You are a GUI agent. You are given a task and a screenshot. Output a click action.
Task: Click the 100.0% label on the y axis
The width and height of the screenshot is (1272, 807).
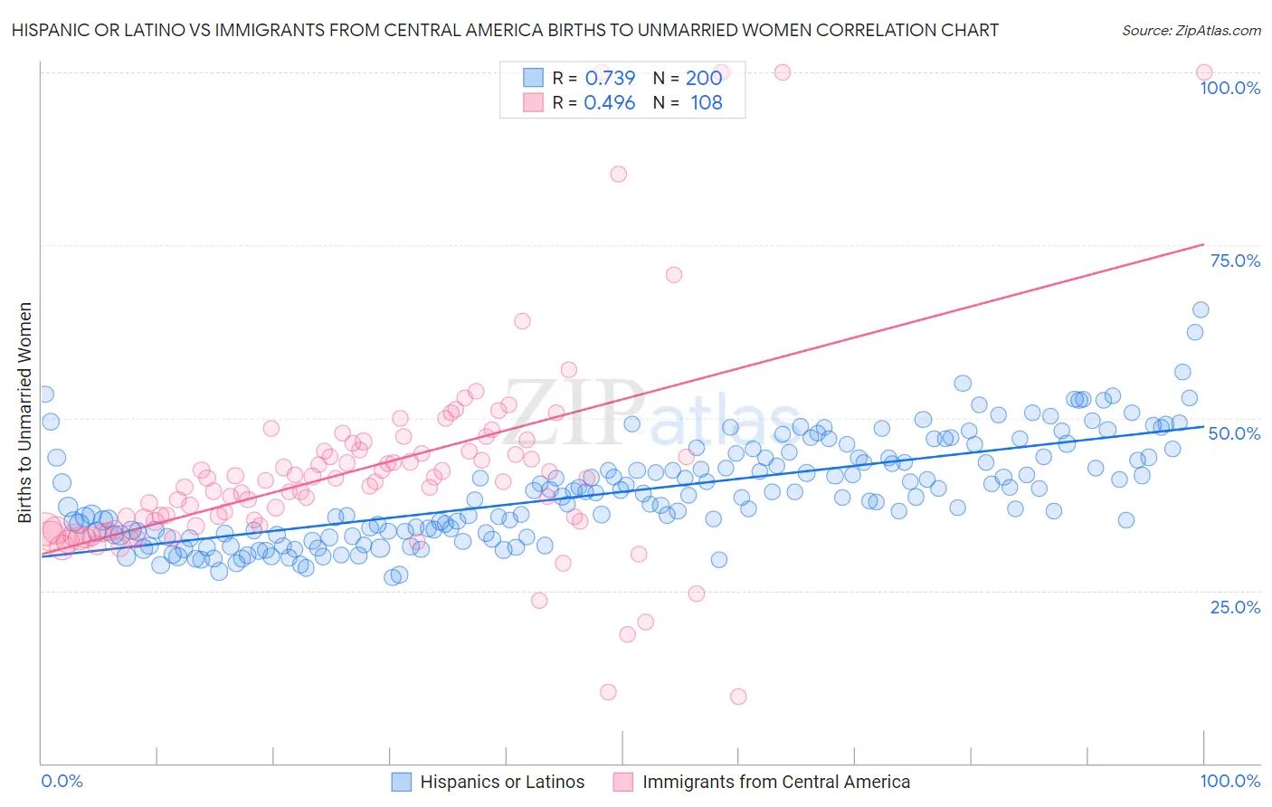[x=1229, y=88]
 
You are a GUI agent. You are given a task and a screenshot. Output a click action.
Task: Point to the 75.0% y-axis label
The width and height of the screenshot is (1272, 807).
[x=1235, y=261]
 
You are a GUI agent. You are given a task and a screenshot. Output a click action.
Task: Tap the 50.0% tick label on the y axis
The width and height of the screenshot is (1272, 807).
[x=1234, y=433]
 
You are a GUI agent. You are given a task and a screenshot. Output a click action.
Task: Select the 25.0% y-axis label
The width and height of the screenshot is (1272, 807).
[x=1235, y=606]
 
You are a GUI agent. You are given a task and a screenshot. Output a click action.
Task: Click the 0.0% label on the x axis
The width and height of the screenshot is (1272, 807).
[x=62, y=781]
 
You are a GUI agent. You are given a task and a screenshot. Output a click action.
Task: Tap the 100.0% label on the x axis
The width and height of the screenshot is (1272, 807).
[x=1229, y=781]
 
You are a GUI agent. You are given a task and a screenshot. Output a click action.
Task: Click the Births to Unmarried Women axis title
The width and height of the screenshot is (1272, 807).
[x=24, y=413]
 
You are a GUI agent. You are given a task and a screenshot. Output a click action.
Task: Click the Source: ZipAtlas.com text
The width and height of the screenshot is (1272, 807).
[x=1191, y=30]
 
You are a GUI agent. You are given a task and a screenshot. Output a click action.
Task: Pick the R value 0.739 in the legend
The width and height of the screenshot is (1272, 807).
[x=610, y=78]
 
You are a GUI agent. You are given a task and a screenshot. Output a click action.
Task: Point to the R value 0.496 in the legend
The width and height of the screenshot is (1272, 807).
[x=610, y=102]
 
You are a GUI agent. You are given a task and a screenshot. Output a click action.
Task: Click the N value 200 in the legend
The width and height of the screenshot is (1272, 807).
[x=703, y=78]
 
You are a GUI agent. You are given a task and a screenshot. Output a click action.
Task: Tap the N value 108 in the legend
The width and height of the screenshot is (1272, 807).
[x=706, y=102]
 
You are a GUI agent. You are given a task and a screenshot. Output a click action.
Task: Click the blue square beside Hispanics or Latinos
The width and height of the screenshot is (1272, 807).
[x=402, y=782]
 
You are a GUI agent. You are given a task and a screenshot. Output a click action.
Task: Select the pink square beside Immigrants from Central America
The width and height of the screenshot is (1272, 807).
[x=623, y=782]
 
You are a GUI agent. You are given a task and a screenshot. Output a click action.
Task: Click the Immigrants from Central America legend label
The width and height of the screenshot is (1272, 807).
[x=776, y=782]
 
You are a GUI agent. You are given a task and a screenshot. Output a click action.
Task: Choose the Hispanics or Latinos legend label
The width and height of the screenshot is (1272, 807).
[x=502, y=782]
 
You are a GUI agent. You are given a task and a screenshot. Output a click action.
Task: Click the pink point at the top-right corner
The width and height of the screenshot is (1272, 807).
[x=1203, y=72]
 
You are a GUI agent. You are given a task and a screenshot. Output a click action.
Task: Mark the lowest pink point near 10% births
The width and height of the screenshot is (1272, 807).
[x=738, y=696]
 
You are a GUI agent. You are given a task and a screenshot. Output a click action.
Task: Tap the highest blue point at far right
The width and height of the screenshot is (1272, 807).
[x=1201, y=309]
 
